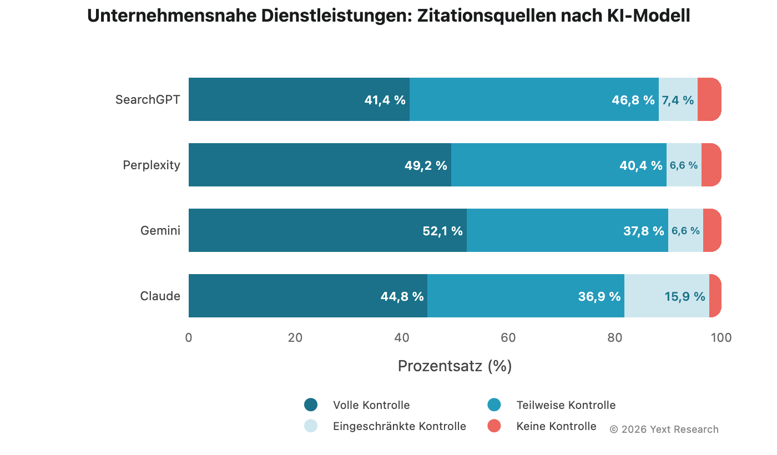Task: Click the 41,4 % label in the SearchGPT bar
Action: pos(385,100)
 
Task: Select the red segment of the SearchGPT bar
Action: pos(709,99)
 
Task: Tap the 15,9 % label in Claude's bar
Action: pos(684,296)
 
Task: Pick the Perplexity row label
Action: pos(152,165)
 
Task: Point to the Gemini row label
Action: pos(160,230)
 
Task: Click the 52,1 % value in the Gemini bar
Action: pos(442,231)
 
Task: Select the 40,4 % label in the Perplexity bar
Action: pos(640,165)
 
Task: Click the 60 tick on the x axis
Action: pos(508,337)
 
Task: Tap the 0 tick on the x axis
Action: pos(189,337)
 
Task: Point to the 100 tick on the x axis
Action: pos(721,337)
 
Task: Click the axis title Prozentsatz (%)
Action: pos(455,366)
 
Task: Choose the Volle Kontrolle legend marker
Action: pos(311,405)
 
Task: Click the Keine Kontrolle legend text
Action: pos(556,426)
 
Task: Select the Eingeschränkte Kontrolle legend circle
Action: pos(311,426)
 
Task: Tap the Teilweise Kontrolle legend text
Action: pos(566,405)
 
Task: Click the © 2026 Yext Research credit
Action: pos(664,429)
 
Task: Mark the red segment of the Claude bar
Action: pos(715,296)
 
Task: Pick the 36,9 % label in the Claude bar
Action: pos(599,296)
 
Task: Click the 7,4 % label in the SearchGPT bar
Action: pos(677,100)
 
